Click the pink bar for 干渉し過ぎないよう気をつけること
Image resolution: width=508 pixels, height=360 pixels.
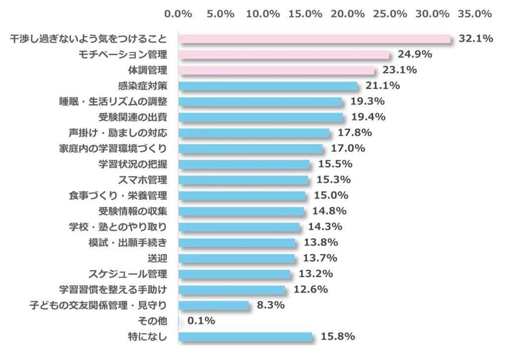(x=314, y=39)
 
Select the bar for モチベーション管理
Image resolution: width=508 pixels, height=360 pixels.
(x=284, y=55)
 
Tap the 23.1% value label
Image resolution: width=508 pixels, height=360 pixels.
(x=399, y=70)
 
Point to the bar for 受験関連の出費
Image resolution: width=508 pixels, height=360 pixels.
(x=260, y=117)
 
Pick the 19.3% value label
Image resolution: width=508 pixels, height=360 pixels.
(x=368, y=101)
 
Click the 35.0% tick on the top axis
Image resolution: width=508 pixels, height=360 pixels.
(x=475, y=14)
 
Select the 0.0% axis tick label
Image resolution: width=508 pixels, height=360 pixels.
(x=178, y=14)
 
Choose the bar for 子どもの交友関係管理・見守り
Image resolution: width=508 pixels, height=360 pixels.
(x=213, y=305)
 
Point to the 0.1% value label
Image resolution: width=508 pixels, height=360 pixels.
(x=201, y=321)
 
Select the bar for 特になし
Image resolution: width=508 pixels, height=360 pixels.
(x=245, y=337)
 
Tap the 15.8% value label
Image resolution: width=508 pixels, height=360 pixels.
(x=338, y=337)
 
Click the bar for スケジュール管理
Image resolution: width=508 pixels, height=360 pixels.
(x=234, y=274)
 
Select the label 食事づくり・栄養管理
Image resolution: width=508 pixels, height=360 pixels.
(x=118, y=196)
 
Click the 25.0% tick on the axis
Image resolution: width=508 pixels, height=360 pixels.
(x=390, y=14)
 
